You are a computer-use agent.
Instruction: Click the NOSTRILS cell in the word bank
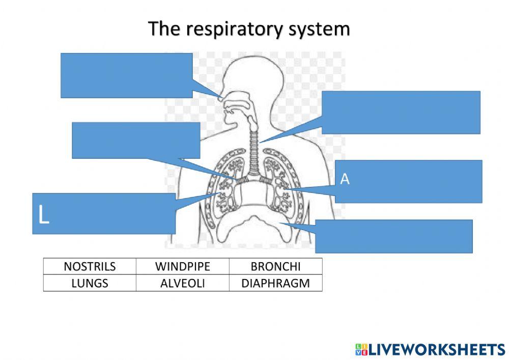tap(90, 267)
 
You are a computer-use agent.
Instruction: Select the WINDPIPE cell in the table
tap(182, 267)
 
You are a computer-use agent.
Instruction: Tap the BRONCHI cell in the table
tap(276, 267)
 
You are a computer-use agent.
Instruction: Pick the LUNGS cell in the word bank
tap(90, 283)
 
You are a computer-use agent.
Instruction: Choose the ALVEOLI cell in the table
tap(182, 283)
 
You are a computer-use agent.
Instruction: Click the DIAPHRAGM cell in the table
tap(276, 283)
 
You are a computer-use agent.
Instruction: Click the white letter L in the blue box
tap(44, 215)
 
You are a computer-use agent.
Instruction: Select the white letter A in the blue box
tap(345, 179)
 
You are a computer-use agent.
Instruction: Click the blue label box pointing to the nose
tap(126, 75)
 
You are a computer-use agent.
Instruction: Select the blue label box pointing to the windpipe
tap(401, 112)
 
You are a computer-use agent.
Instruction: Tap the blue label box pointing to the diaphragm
tap(393, 236)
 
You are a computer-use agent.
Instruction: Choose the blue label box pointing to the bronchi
tap(136, 140)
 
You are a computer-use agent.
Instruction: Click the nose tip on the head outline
tap(220, 98)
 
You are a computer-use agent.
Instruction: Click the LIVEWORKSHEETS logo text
tap(436, 349)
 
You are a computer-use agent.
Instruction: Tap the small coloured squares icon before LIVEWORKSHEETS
tap(360, 349)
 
